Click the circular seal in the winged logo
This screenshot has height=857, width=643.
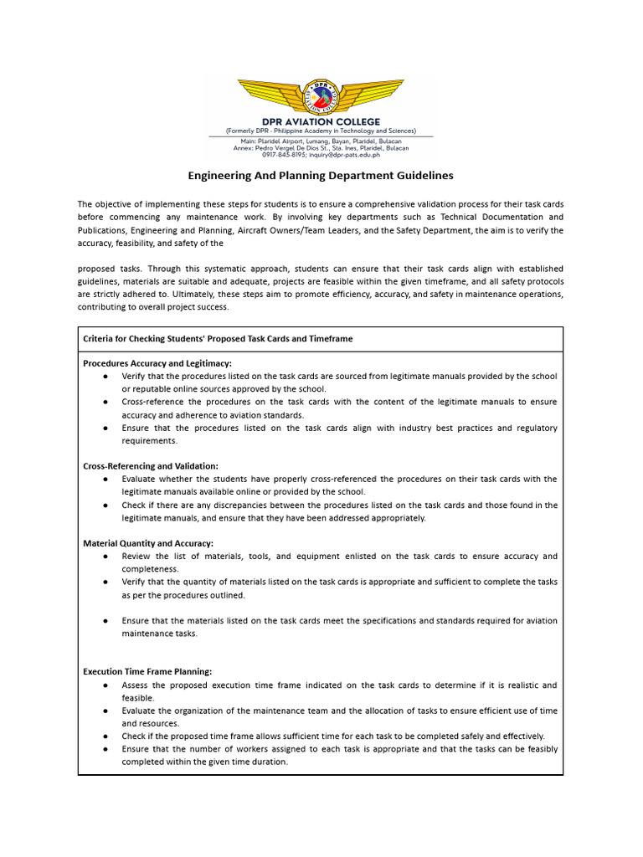(x=321, y=97)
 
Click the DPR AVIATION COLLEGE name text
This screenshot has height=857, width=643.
(x=321, y=122)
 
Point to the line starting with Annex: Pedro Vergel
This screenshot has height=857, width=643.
(x=321, y=148)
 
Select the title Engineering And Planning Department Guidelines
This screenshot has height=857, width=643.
(x=321, y=176)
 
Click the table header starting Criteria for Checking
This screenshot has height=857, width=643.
(x=218, y=339)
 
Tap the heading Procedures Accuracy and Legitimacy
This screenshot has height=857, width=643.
(x=157, y=363)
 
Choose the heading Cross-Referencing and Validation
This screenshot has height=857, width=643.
(x=151, y=466)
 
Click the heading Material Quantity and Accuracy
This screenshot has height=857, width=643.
(x=148, y=543)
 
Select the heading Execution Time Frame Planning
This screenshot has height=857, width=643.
(x=147, y=671)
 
